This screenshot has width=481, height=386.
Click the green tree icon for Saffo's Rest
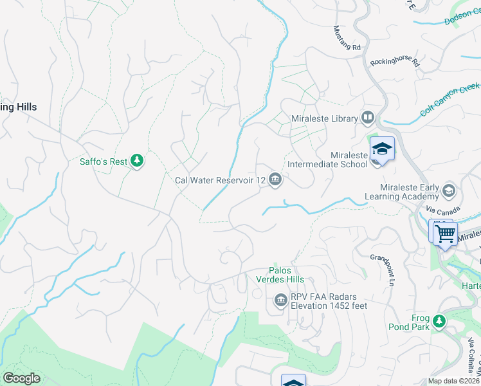136,161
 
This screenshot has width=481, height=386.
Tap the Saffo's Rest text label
104,161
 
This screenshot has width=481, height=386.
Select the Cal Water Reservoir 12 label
220,180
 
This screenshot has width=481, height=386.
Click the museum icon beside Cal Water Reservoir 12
275,179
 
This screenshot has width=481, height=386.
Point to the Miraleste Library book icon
367,118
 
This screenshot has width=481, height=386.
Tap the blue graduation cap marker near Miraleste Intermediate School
382,149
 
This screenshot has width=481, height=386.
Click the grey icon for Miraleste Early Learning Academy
448,191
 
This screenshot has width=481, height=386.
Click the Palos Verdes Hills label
286,275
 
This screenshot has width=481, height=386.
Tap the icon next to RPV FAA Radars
280,300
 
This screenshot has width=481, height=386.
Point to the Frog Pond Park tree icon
439,320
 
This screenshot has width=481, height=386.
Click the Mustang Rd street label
348,39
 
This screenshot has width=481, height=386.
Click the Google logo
21,378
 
